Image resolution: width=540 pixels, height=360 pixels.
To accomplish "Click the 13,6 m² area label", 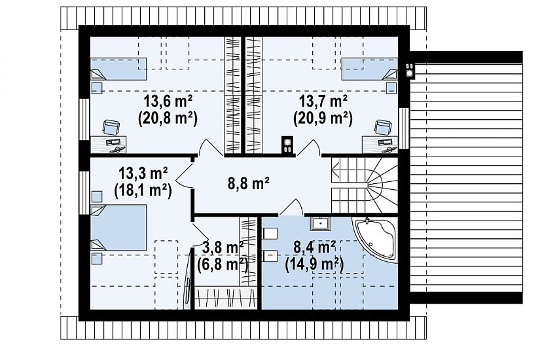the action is point(168,101).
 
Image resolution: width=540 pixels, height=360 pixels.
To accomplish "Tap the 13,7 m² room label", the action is point(323,101).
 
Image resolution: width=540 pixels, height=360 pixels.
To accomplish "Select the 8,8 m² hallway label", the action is point(249,183).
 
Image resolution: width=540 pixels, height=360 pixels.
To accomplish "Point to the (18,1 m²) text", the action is point(143,190).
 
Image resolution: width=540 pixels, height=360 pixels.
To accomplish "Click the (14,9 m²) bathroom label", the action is point(314,264).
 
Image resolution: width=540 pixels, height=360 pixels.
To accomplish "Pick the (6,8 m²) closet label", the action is point(223,264).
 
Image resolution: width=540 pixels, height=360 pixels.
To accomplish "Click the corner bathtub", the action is point(374,240).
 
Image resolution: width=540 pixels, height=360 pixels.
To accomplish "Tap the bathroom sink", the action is point(320,223).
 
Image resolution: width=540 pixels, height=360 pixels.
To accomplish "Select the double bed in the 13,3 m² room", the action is point(118,227).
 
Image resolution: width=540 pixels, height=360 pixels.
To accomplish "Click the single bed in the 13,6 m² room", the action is point(118,69).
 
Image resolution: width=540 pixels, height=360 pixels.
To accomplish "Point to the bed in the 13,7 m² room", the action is point(370,69).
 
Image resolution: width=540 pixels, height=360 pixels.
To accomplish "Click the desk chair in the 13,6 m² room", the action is point(111,127).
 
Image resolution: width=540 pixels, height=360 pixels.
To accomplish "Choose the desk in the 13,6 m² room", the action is point(109,145).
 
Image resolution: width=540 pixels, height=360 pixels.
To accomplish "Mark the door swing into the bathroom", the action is point(291,207).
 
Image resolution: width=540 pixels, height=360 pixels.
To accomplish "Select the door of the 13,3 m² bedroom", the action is point(185,175).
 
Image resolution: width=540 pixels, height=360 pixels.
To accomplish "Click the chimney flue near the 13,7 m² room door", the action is point(287,145).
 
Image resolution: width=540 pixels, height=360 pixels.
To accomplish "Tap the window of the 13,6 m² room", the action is point(84,120).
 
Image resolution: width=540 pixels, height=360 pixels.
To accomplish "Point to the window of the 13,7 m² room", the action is point(404,128).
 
